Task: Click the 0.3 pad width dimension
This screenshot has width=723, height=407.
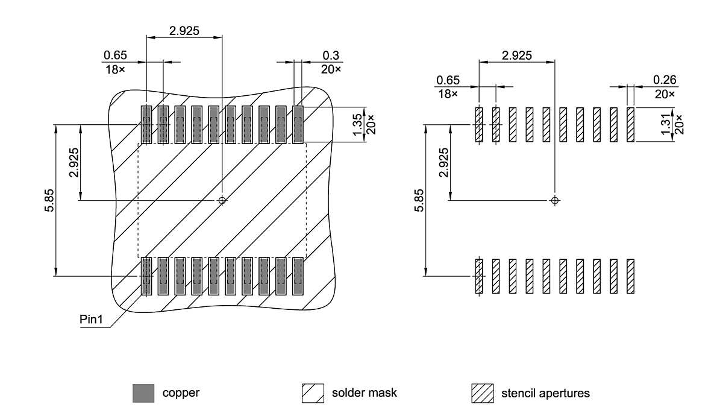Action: click(330, 55)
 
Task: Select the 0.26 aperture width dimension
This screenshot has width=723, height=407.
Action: click(664, 80)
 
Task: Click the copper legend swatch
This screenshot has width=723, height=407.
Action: click(143, 393)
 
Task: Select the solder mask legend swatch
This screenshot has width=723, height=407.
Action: click(313, 393)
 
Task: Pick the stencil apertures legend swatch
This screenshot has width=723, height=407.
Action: click(482, 393)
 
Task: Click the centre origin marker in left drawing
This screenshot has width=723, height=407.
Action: click(222, 200)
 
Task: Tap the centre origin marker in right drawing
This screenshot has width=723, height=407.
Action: click(555, 200)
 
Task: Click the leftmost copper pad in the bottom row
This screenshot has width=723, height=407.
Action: click(146, 276)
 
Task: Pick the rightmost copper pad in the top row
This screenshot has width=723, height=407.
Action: click(298, 125)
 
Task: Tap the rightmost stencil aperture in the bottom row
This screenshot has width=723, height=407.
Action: click(631, 276)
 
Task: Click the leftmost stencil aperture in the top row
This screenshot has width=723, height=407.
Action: click(479, 125)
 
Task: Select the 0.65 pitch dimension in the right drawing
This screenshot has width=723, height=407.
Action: click(448, 80)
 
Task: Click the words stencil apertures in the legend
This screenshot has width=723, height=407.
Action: click(545, 393)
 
